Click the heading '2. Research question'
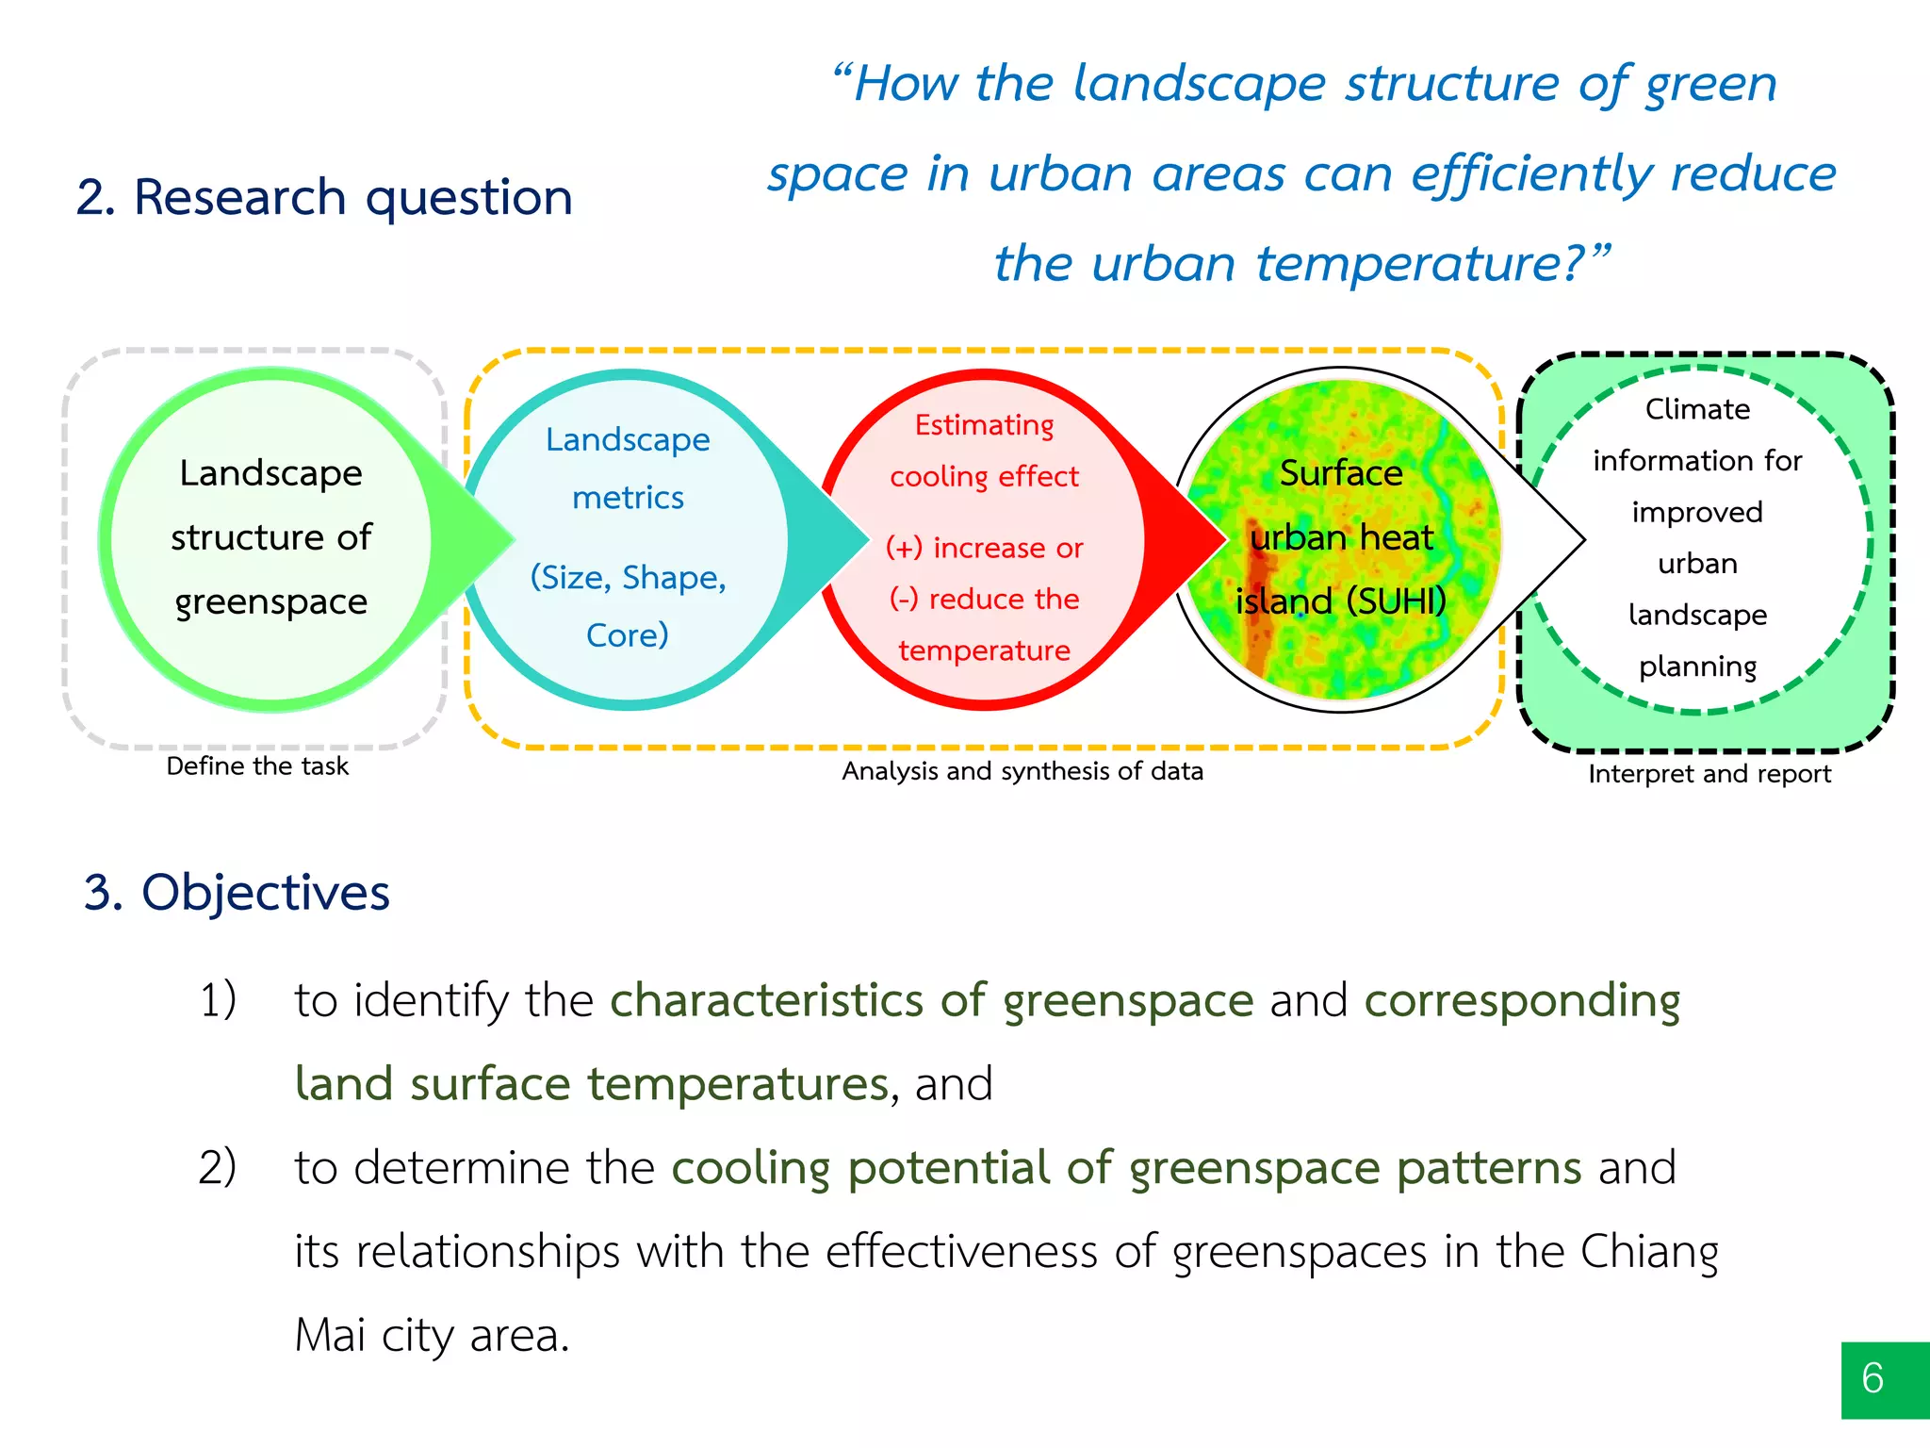324,198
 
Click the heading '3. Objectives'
237,892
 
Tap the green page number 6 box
1883,1379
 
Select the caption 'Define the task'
257,766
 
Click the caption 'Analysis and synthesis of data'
1022,771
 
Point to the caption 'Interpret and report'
1709,774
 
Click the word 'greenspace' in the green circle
271,601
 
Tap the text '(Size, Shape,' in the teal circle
628,577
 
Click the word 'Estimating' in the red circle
984,425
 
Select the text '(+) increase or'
984,548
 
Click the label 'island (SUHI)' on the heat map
1340,601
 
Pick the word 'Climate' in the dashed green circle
1697,409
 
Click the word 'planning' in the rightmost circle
1697,666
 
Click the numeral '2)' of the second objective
217,1167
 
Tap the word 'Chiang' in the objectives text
1649,1252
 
